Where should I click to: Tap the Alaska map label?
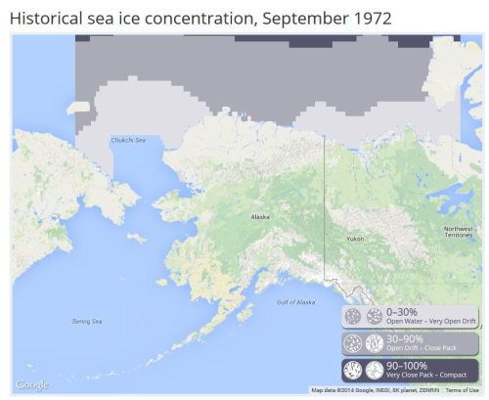tap(260, 216)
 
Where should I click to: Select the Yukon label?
tap(355, 238)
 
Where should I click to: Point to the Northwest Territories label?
tap(458, 232)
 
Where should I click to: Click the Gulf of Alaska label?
tap(294, 302)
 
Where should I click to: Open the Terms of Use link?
tap(462, 390)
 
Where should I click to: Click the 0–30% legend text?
tap(402, 312)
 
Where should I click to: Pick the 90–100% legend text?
tap(407, 366)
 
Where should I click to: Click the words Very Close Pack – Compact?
tap(426, 376)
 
